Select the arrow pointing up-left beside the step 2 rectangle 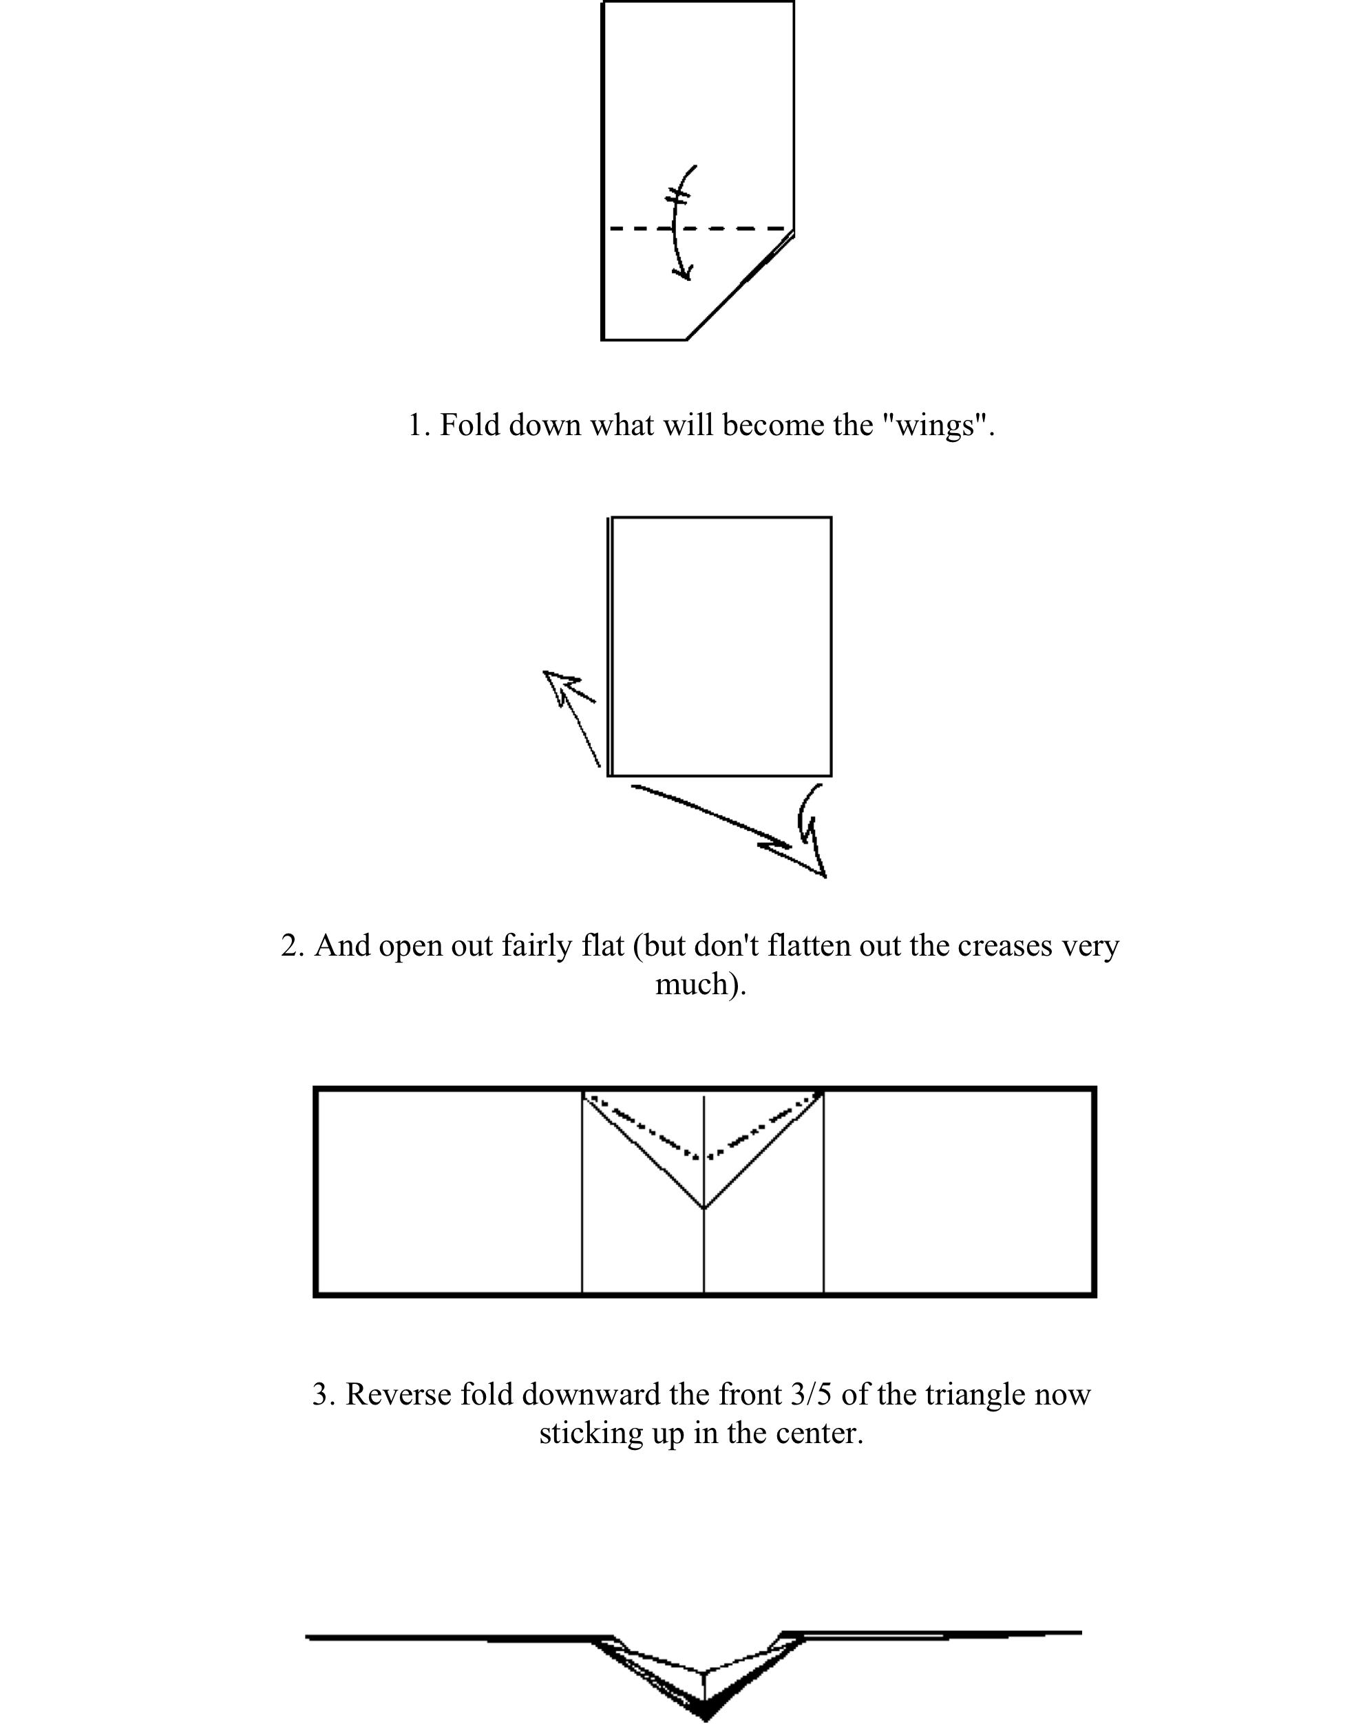click(568, 711)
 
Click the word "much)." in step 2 click(701, 984)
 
